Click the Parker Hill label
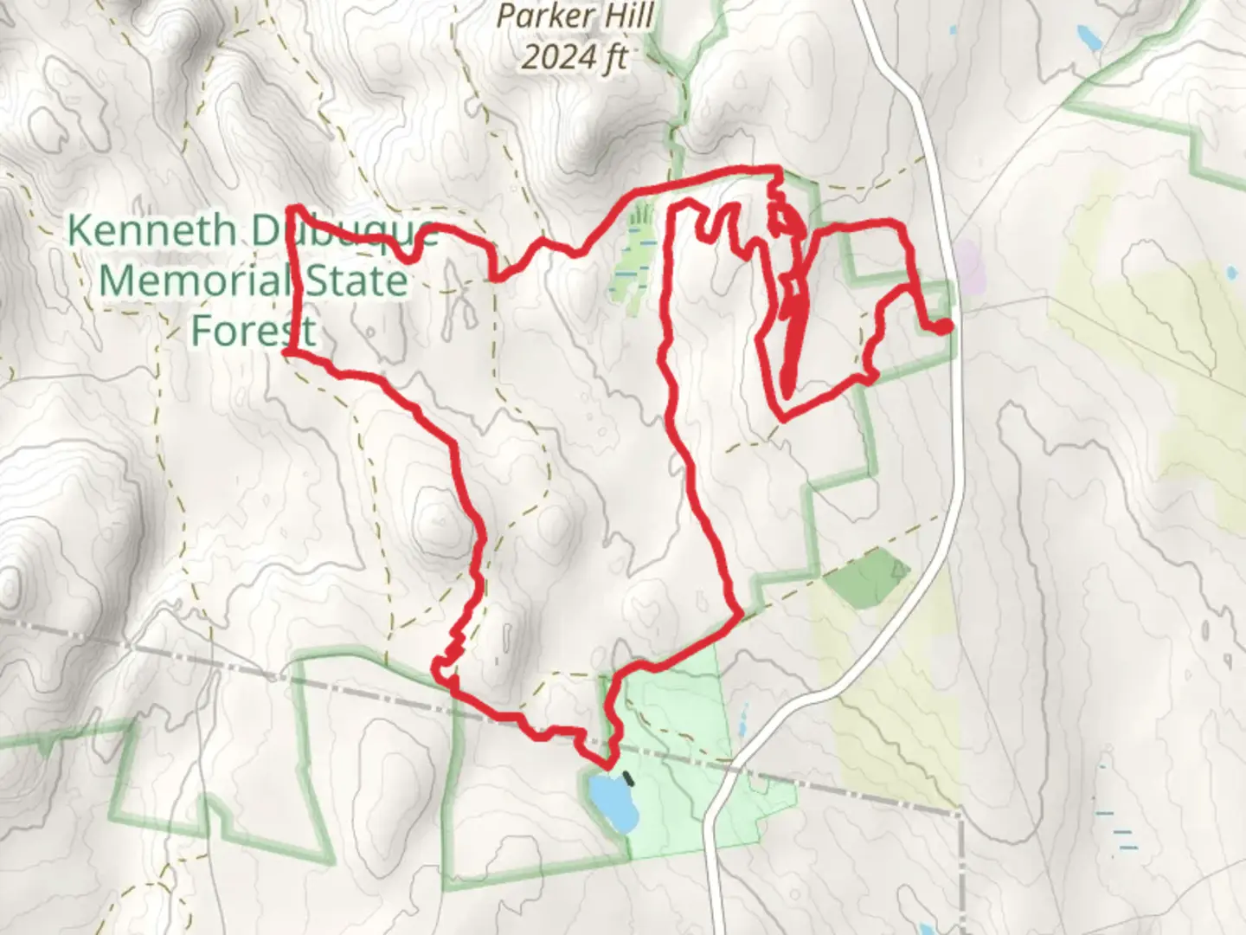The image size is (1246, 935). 575,16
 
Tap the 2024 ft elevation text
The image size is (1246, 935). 575,57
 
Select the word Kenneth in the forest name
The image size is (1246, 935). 151,231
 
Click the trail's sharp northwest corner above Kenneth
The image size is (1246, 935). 292,209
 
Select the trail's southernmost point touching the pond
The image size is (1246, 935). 607,765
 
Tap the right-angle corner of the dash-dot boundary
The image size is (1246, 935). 961,815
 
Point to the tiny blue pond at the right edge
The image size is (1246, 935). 1231,274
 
